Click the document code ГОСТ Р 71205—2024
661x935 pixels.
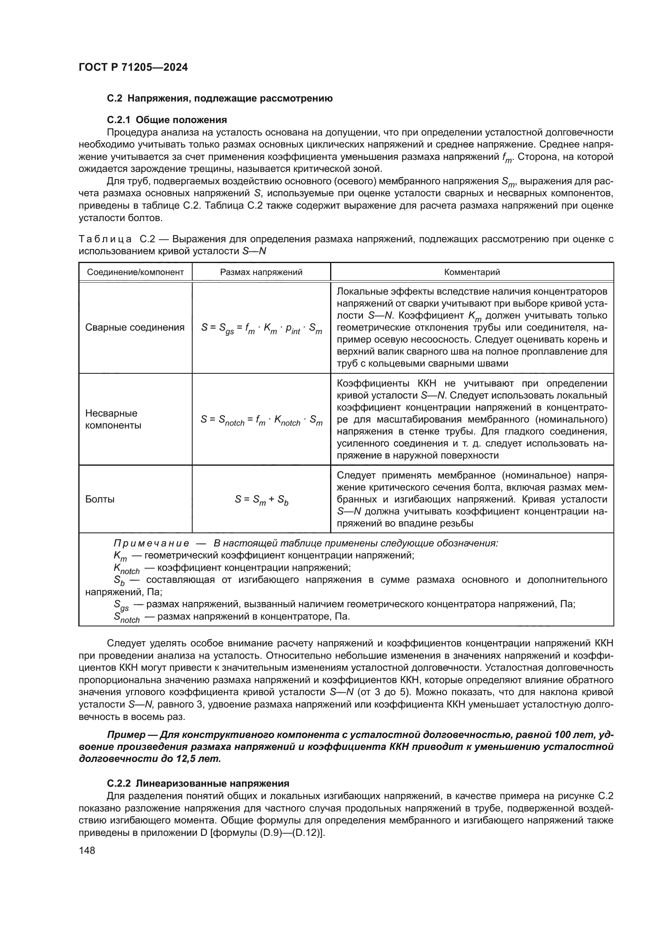133,68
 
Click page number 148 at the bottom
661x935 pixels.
87,850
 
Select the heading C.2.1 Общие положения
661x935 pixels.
167,120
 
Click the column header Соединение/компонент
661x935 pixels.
135,272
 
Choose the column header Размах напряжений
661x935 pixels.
261,272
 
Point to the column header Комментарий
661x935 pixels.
472,272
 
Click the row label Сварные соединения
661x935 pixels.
135,327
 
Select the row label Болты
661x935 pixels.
100,499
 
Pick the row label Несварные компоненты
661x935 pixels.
113,419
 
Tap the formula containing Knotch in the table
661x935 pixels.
261,420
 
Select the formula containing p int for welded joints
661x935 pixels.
261,328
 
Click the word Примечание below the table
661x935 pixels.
151,543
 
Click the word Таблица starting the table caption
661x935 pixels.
105,239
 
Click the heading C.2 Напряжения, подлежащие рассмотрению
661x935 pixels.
220,99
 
